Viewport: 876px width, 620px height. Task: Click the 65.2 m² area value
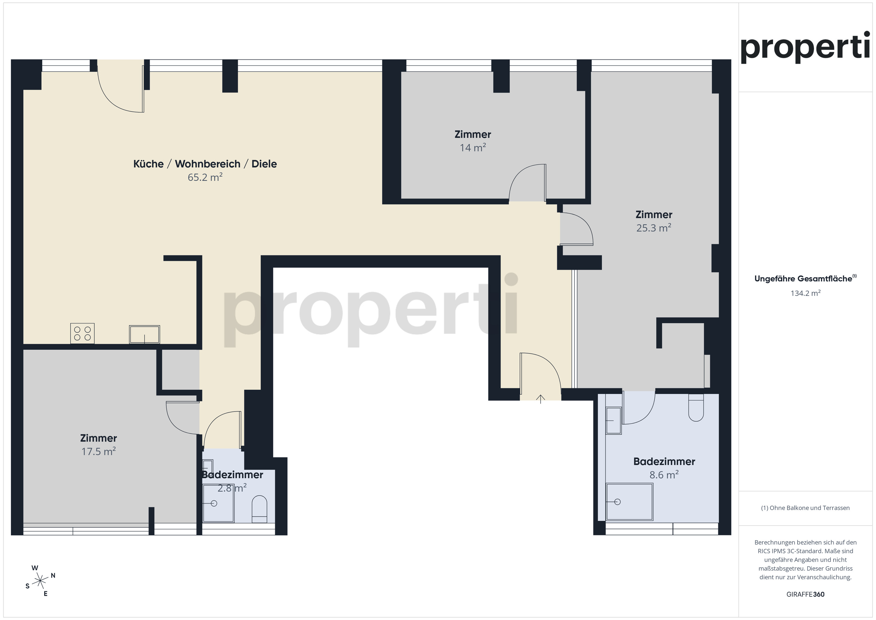tap(205, 177)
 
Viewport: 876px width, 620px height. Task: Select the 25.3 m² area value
tap(654, 228)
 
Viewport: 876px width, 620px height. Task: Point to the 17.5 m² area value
tap(99, 451)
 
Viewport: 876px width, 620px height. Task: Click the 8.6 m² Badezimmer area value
tap(664, 475)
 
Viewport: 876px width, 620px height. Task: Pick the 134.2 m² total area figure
tap(806, 293)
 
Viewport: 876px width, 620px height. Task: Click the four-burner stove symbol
tap(82, 333)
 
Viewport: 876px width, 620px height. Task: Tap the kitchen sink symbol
tap(145, 334)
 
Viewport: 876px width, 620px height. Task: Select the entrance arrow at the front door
tap(540, 399)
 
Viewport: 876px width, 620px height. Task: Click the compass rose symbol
tap(40, 581)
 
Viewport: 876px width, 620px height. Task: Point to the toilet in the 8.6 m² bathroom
tap(696, 407)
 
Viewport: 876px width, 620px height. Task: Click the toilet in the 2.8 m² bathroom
tap(259, 509)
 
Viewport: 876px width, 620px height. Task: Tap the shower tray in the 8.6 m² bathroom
tap(630, 502)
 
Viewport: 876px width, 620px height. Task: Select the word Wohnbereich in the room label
tap(208, 164)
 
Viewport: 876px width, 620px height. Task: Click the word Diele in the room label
tap(264, 164)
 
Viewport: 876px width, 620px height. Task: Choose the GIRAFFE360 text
tap(806, 594)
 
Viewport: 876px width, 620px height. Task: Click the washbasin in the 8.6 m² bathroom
tap(614, 421)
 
